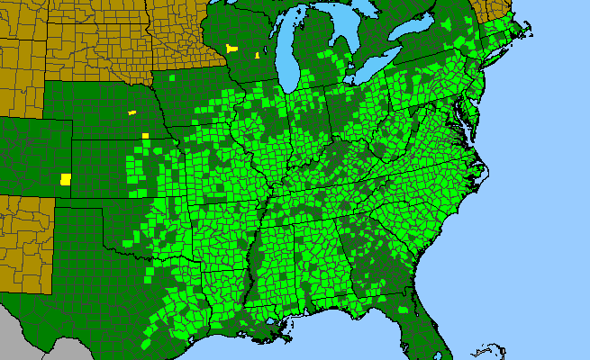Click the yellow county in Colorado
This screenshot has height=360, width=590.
(x=66, y=179)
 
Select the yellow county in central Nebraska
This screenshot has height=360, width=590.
(x=132, y=112)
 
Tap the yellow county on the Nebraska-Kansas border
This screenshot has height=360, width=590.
(x=145, y=136)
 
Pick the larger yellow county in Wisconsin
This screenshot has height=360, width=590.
(x=232, y=49)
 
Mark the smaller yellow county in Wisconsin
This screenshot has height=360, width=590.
(x=257, y=56)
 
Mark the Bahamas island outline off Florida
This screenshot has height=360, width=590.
(x=491, y=347)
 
